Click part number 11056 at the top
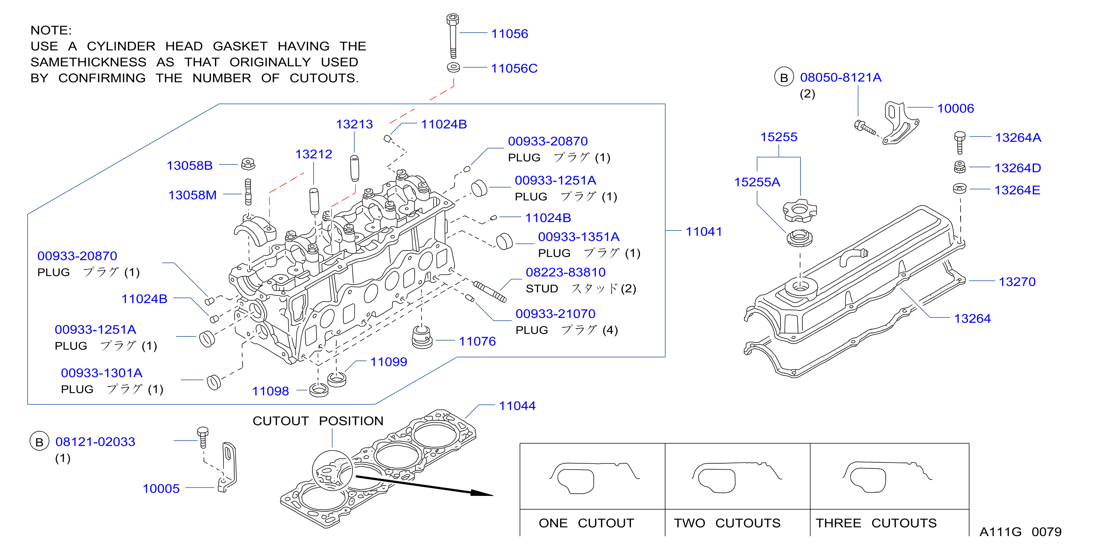point(509,33)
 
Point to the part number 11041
point(704,232)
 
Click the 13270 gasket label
point(1017,282)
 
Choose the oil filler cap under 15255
point(799,211)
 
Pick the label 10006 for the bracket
point(955,109)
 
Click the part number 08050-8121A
point(841,77)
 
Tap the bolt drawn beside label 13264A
point(959,142)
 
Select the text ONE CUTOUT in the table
point(586,523)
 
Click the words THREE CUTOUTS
point(876,523)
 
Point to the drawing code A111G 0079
point(1020,531)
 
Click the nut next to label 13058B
point(248,163)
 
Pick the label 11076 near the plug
point(477,341)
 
